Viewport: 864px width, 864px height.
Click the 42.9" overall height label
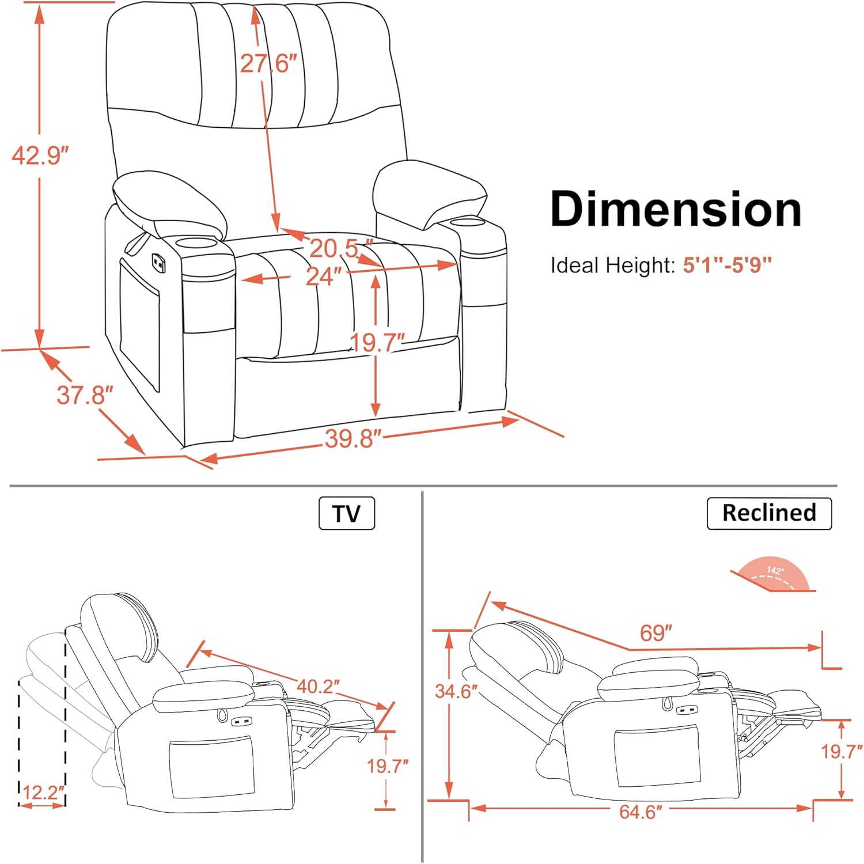coord(40,155)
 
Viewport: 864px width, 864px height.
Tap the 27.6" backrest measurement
coord(268,63)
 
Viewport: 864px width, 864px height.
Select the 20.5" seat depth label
coord(341,248)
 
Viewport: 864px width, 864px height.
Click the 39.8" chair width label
coord(353,439)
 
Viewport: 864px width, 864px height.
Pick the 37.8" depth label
coord(85,396)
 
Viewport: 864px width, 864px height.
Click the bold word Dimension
coord(676,209)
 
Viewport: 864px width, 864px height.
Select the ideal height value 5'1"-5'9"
coord(727,266)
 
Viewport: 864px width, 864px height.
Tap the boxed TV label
coord(347,513)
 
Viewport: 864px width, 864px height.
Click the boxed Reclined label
coord(769,513)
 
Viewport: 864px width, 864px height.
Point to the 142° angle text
coord(775,571)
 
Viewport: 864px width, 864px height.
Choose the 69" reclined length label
coord(656,633)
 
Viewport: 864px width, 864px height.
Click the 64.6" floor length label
coord(641,812)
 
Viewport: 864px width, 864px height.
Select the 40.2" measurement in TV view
coord(318,686)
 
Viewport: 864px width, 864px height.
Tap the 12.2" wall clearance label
coord(43,793)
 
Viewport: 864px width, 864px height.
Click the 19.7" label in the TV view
coord(388,766)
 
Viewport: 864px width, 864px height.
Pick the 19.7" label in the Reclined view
coord(842,751)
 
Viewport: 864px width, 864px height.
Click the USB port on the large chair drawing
coord(157,263)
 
